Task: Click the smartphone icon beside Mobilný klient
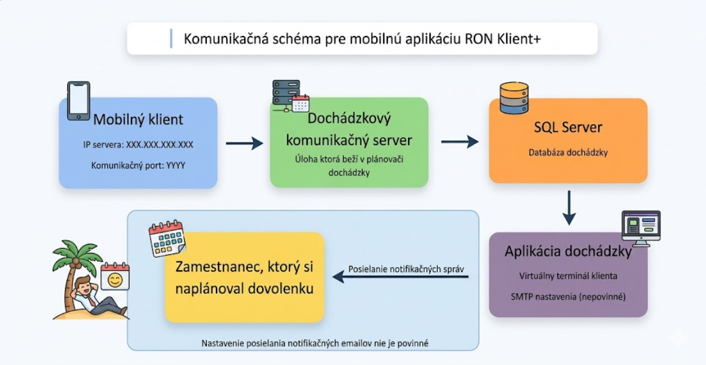coord(79,101)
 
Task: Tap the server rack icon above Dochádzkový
coord(286,94)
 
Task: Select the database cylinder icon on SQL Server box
coord(514,98)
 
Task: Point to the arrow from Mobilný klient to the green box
coord(245,144)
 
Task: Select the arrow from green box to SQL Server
coord(459,142)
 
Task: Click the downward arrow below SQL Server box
coord(569,208)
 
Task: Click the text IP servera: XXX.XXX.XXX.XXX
coord(138,145)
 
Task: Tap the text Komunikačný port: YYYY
coord(138,165)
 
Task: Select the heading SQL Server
coord(568,128)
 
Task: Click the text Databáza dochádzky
coord(568,153)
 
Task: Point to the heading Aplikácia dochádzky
coord(568,252)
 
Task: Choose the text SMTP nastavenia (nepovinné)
coord(568,297)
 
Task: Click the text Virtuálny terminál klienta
coord(568,276)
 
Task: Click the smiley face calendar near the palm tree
coord(115,277)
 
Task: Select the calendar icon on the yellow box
coord(167,239)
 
